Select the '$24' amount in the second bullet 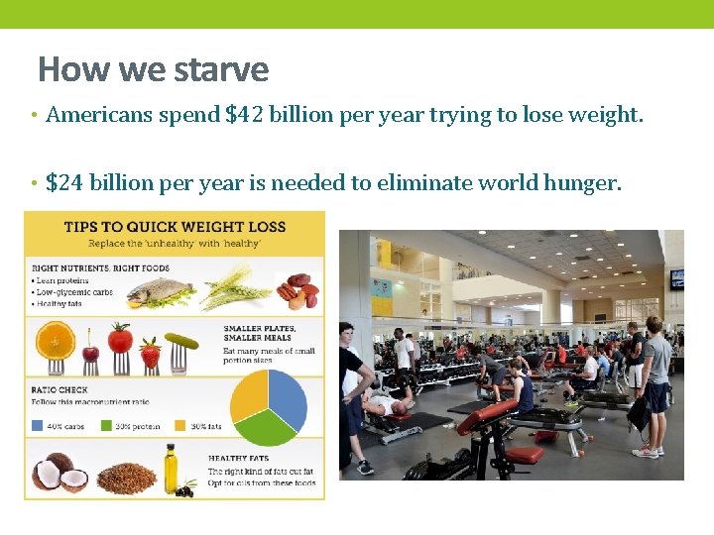65,182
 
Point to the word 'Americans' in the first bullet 96,115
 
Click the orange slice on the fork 56,342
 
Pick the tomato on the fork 120,339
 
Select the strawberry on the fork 150,350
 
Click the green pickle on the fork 181,343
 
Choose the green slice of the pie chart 265,426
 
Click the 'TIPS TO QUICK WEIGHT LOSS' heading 175,227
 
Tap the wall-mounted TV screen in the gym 676,279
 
